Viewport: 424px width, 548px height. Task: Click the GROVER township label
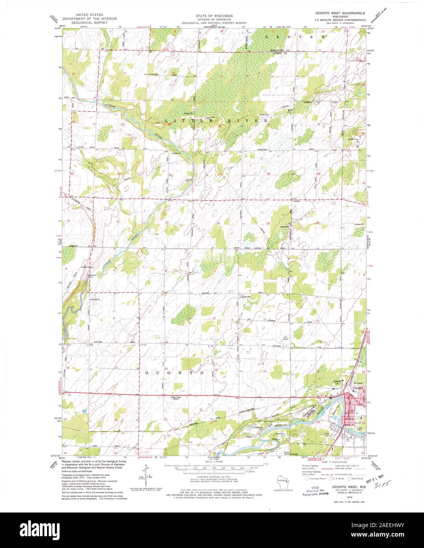tap(295, 36)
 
